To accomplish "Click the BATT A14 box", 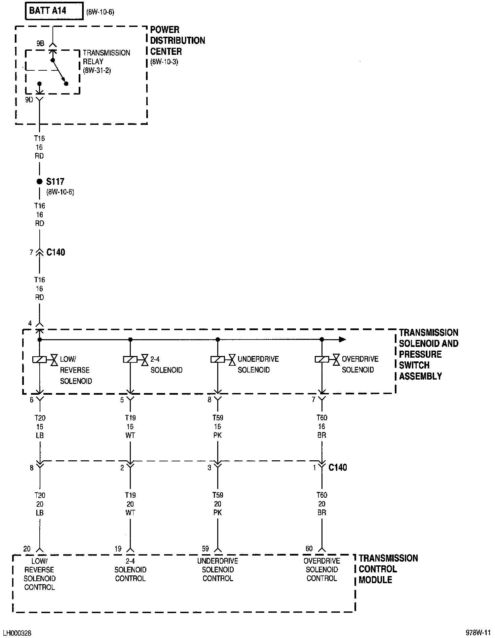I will click(54, 11).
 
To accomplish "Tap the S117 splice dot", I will click(40, 182).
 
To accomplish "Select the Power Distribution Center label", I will click(177, 41).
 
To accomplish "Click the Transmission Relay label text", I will click(106, 62).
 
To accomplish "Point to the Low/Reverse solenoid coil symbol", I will click(39, 360).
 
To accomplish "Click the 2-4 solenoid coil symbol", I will click(130, 360).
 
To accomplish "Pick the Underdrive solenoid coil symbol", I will click(218, 360).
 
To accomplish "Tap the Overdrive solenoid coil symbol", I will click(322, 360).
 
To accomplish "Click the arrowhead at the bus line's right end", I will click(342, 340).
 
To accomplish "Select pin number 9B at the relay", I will click(40, 43).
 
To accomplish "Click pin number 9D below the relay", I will click(29, 100).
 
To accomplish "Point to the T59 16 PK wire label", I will click(218, 426).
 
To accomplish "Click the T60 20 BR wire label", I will click(322, 504).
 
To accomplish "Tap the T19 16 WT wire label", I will click(130, 426).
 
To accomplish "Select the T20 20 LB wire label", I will click(40, 504).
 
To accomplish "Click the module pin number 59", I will click(205, 549).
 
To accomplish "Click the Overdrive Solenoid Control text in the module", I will click(322, 570).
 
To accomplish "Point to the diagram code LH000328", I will click(17, 633).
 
